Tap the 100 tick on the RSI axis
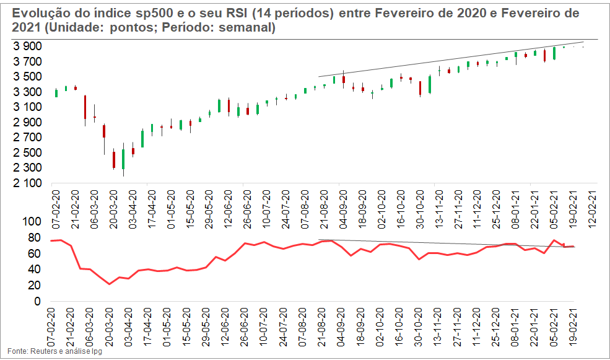[30, 222]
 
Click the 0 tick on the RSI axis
[37, 302]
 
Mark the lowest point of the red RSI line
[110, 284]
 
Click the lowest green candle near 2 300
[123, 159]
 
